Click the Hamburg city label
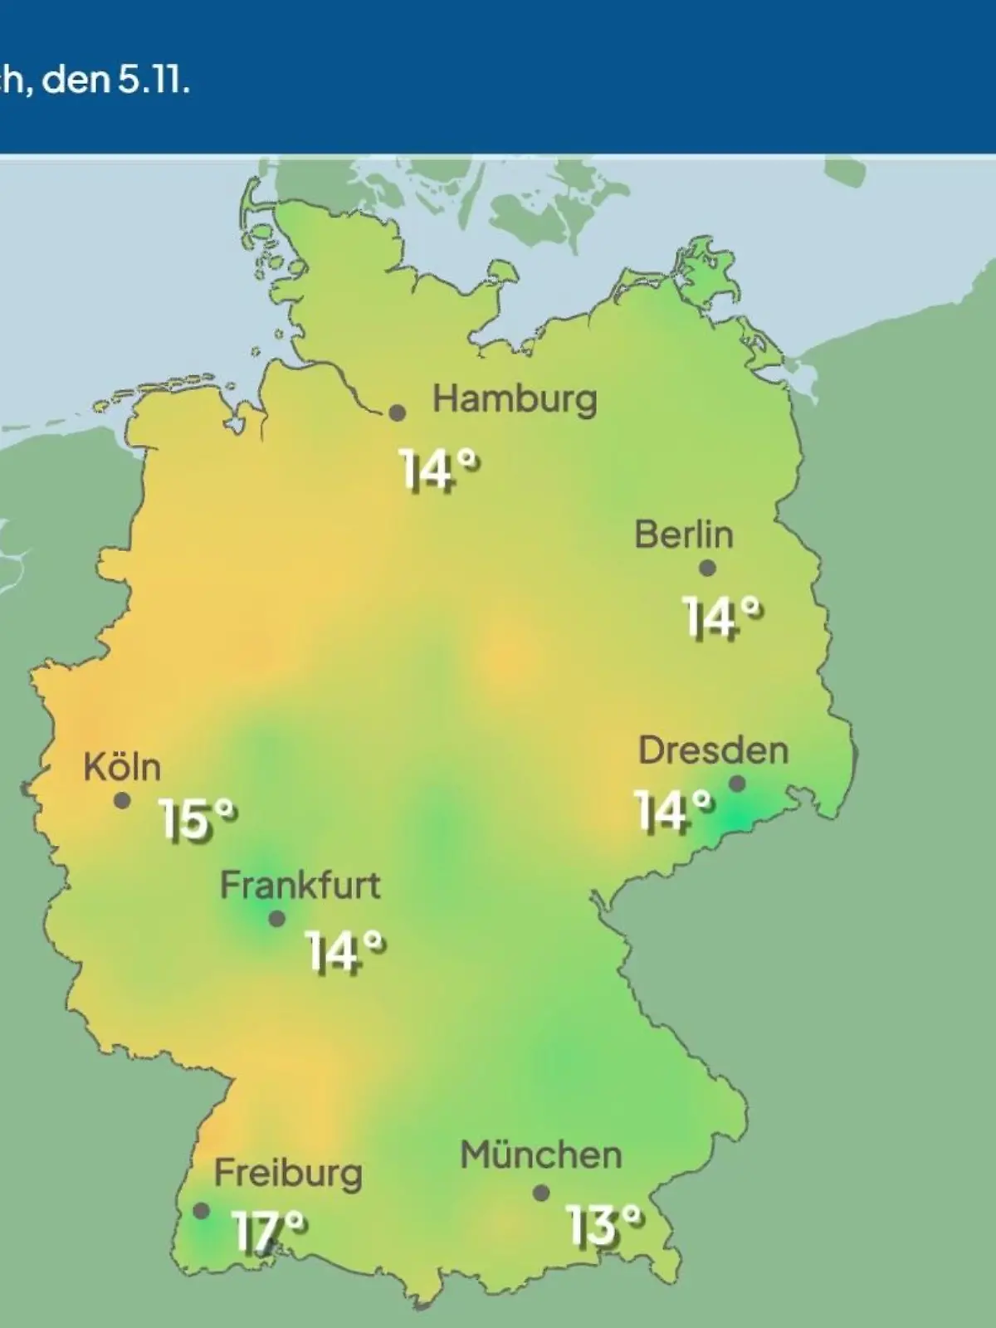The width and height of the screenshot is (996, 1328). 515,399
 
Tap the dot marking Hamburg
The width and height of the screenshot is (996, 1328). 398,413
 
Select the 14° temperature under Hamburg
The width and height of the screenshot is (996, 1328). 440,470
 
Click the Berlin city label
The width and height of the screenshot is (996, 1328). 684,535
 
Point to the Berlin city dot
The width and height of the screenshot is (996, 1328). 707,569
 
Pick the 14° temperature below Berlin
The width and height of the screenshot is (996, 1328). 722,618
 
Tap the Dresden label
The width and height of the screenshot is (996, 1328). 713,750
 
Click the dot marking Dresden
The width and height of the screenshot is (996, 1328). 737,784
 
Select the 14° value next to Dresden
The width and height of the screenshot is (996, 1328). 673,811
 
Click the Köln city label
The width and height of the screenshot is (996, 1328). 122,767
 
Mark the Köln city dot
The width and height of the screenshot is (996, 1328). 122,801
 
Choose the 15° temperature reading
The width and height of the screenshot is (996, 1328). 198,820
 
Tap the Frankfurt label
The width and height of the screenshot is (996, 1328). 300,886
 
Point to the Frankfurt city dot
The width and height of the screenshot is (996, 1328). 277,919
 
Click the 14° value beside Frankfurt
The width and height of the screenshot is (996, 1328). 344,951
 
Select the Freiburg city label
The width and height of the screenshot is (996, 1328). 288,1174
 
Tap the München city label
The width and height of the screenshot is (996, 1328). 540,1155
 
